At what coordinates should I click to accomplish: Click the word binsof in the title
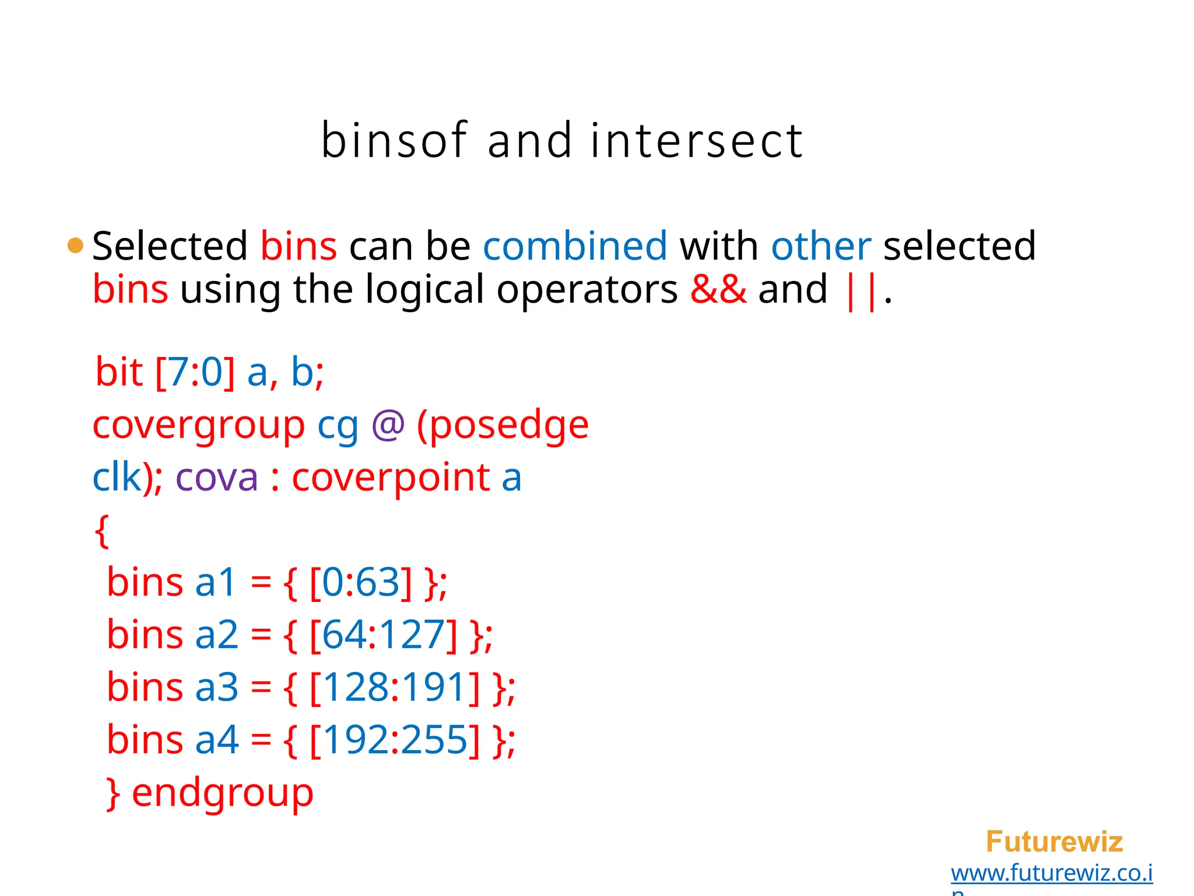click(394, 141)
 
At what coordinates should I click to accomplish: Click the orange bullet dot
click(75, 246)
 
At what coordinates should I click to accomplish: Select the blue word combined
click(575, 246)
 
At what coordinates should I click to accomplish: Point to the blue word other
click(821, 246)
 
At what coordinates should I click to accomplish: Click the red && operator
click(718, 289)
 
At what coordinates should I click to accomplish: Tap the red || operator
click(860, 290)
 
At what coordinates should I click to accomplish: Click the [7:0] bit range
click(195, 372)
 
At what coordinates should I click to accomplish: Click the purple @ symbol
click(388, 425)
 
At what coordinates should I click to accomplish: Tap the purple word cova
click(216, 478)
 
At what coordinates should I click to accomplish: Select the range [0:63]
click(360, 582)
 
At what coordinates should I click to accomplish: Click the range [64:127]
click(383, 635)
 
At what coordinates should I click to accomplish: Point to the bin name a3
click(216, 687)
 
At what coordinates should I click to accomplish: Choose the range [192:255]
click(395, 740)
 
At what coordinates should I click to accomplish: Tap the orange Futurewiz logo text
click(1054, 842)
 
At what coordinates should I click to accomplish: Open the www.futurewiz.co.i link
click(1051, 873)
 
